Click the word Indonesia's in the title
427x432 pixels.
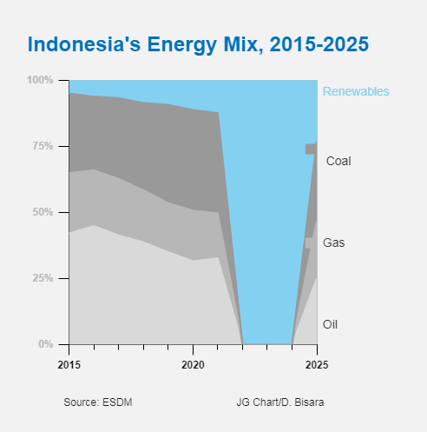point(84,44)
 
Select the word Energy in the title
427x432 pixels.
point(182,45)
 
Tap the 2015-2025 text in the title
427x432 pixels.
point(319,44)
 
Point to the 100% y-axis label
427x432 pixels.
point(40,80)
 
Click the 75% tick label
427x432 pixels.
point(43,146)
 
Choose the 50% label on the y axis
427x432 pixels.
point(43,212)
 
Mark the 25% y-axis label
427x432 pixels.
point(43,278)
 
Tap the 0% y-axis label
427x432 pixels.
point(46,344)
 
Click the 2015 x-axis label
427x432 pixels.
point(69,365)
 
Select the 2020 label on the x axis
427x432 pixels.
point(193,365)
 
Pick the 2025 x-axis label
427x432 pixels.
point(317,365)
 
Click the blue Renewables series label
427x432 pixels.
point(356,91)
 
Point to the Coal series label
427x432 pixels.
point(338,161)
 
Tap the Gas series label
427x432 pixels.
point(334,243)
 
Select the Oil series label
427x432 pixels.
point(330,324)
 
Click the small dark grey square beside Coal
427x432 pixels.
point(311,149)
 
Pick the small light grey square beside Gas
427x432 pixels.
point(308,243)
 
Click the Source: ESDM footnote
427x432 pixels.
point(98,402)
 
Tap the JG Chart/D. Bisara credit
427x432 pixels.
point(280,402)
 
